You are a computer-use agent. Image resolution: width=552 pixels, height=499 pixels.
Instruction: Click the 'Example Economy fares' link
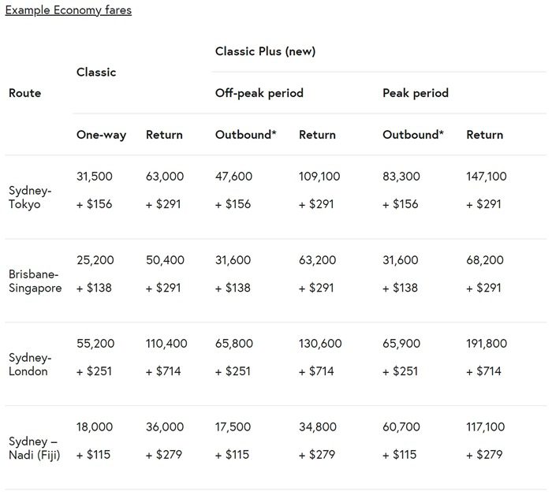coord(69,11)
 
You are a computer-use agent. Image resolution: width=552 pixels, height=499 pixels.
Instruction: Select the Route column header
coord(24,93)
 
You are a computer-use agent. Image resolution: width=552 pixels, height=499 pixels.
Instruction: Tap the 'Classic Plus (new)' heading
coord(265,51)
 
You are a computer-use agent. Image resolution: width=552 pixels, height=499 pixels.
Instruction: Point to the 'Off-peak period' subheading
coord(259,93)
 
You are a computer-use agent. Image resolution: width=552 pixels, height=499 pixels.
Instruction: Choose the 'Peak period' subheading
coord(415,93)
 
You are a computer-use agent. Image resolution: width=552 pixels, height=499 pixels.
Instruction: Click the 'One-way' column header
coord(101,135)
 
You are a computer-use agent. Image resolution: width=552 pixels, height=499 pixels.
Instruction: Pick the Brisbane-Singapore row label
coord(35,281)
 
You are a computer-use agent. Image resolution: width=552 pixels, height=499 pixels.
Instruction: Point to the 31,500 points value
coord(95,177)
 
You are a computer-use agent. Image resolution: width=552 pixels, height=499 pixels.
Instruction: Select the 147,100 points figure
coord(487,177)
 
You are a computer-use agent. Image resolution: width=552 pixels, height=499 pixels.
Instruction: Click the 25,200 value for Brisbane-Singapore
coord(95,260)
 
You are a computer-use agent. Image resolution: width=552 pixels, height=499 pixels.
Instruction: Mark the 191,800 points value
coord(487,344)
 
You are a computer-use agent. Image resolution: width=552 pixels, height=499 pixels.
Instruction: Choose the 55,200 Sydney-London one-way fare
coord(95,344)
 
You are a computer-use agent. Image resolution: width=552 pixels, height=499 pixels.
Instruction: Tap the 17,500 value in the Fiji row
coord(233,427)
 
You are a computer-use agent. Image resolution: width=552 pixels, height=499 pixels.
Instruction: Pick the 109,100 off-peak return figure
coord(319,177)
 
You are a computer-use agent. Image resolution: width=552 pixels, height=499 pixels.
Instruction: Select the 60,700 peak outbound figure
coord(401,427)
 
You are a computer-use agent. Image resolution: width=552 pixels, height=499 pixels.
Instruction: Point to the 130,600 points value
coord(320,344)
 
